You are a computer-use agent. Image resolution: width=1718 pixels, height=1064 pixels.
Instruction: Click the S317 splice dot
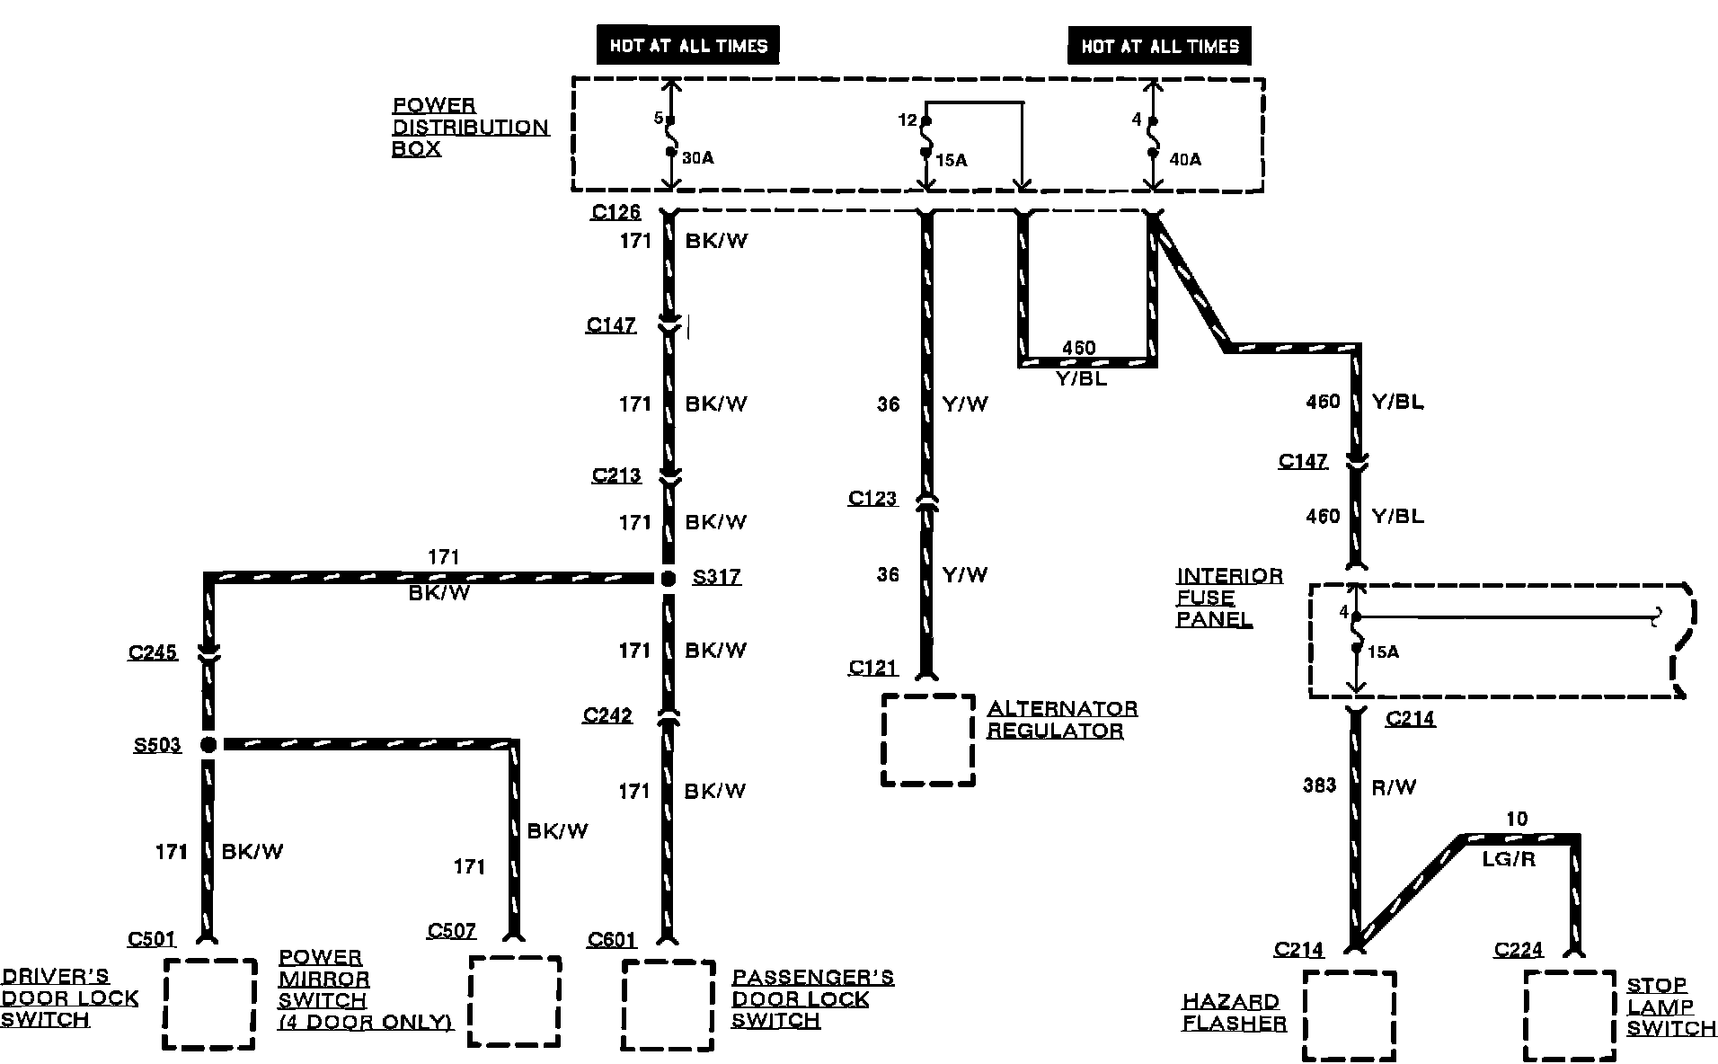pos(668,579)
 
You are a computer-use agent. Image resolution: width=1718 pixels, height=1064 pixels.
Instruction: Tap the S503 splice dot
pos(208,744)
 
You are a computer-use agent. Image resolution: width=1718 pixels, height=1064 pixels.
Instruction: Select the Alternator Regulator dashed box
pos(928,740)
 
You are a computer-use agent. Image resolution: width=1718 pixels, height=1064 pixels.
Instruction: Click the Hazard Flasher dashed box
pos(1350,1015)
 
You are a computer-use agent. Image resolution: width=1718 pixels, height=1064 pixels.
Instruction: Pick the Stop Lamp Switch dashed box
pos(1570,1015)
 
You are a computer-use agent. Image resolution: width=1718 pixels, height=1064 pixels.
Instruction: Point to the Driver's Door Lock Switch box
pos(210,1003)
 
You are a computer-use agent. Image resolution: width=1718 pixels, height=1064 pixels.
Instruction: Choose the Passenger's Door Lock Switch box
pos(669,1006)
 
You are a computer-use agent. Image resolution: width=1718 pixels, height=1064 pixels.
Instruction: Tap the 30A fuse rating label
pos(697,158)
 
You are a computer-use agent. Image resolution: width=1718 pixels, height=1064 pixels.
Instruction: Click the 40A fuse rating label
pos(1184,159)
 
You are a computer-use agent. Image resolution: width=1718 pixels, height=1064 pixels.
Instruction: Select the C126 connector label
pos(615,212)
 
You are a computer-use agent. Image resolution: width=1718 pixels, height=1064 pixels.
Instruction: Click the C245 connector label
pos(153,652)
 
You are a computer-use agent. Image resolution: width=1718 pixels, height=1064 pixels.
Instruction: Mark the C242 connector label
pos(607,715)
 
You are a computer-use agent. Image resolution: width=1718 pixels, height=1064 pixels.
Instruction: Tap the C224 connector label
pos(1519,949)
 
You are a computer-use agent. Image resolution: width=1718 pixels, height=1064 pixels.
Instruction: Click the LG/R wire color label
pos(1509,860)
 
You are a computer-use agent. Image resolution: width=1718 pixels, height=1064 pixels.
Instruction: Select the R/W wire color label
pos(1394,787)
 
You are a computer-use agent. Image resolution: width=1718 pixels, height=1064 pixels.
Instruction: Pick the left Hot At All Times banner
pos(688,46)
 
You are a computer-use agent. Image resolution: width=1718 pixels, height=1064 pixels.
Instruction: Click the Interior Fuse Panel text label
pos(1229,598)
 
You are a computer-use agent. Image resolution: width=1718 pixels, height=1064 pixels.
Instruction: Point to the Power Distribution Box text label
pos(469,127)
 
